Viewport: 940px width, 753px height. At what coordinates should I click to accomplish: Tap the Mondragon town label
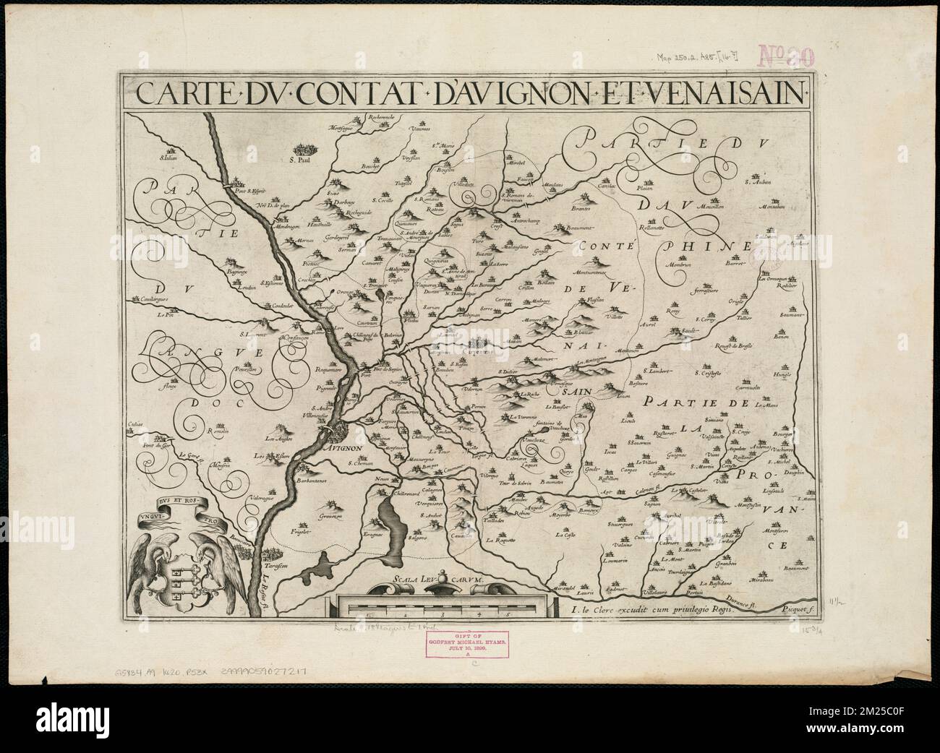(x=270, y=226)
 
